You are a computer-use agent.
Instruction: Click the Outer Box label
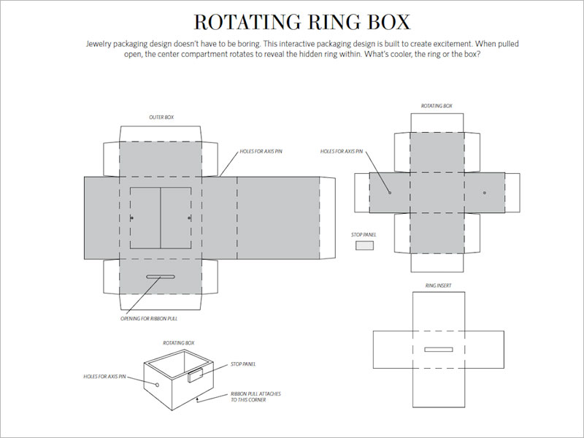(x=161, y=117)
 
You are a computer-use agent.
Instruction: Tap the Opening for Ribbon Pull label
(x=149, y=318)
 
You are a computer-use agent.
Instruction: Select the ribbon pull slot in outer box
(x=161, y=277)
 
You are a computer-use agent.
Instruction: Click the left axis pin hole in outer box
(x=131, y=218)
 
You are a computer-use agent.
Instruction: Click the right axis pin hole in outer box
(x=189, y=218)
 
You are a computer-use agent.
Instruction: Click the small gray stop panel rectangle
(x=364, y=246)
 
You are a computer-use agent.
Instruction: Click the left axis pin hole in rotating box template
(x=390, y=193)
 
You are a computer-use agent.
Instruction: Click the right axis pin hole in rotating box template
(x=484, y=193)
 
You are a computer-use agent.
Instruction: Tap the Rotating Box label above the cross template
(x=437, y=107)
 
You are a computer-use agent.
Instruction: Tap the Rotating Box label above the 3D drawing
(x=178, y=342)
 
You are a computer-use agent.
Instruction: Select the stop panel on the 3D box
(x=196, y=376)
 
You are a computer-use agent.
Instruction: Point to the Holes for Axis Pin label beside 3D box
(x=105, y=377)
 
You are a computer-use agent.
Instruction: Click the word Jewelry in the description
(x=100, y=43)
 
